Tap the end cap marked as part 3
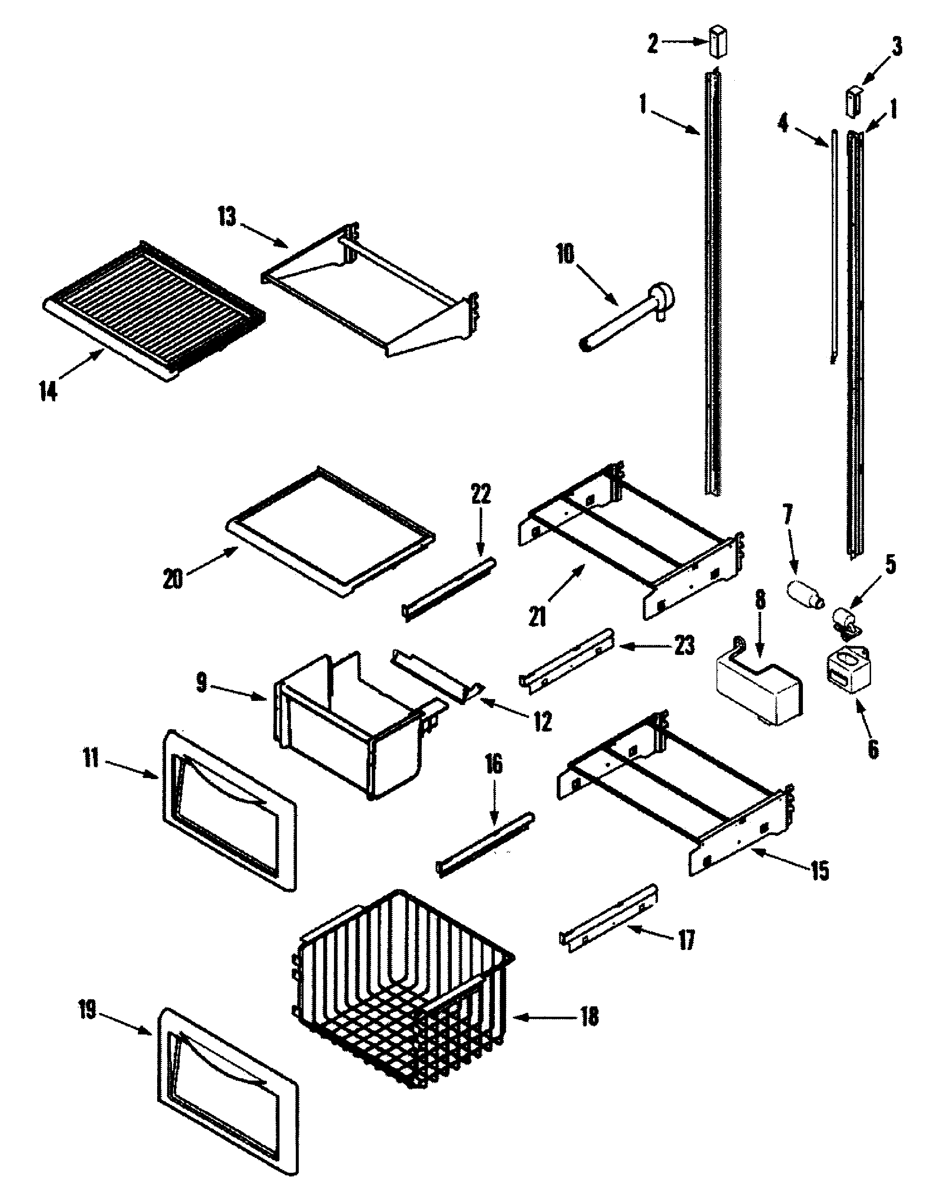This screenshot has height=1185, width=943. coord(853,100)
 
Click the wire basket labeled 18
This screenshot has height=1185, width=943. coord(404,993)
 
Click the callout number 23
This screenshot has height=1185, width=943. coord(685,645)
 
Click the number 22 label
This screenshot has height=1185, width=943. coord(481,494)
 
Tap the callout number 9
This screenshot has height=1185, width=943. coord(202,683)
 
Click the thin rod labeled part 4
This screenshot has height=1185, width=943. coord(834,247)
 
